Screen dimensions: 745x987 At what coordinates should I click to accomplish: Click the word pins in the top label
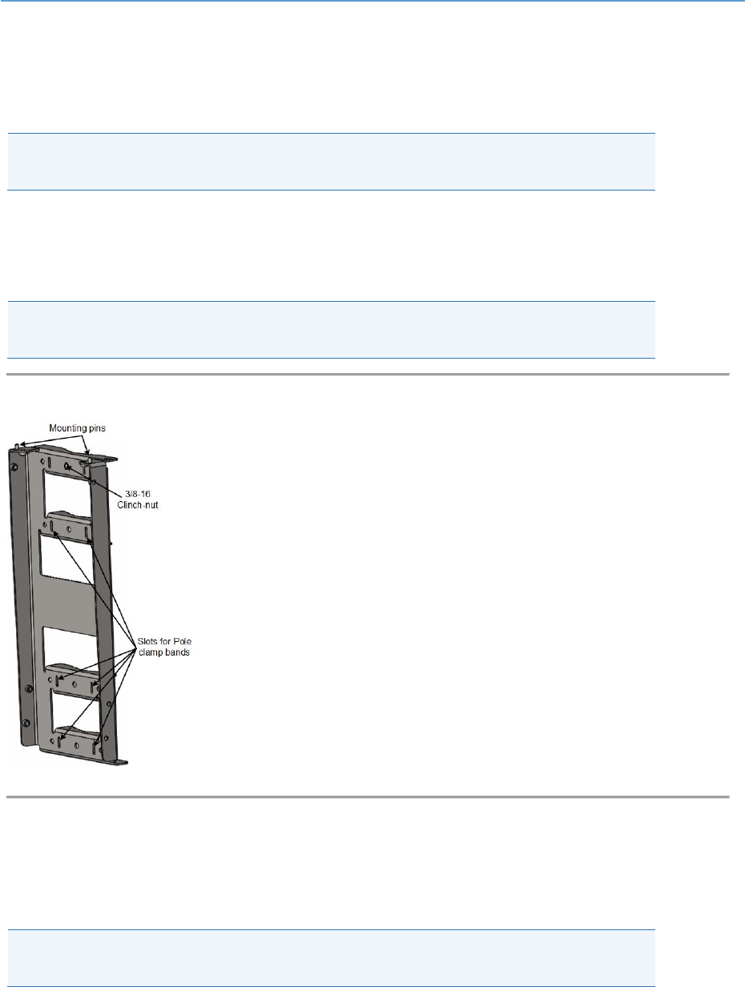(x=95, y=428)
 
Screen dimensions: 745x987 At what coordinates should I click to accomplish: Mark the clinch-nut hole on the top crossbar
(x=67, y=465)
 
